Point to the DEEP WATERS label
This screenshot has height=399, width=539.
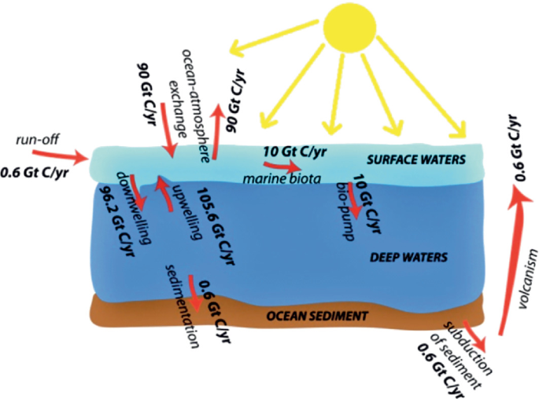[x=408, y=257]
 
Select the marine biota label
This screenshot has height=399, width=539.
[x=282, y=178]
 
